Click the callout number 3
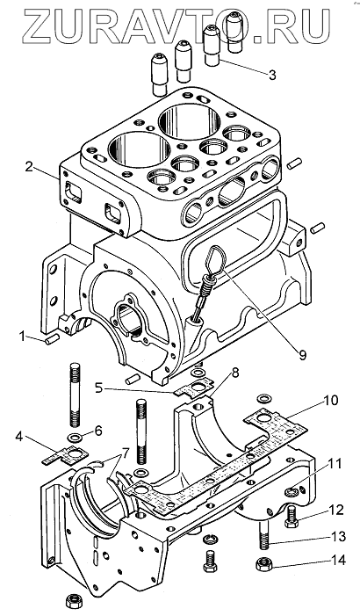[271, 75]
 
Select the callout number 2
[29, 166]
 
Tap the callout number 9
[301, 355]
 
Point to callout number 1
[22, 337]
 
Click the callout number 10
[330, 402]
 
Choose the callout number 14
[338, 561]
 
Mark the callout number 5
[100, 389]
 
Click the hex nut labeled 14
[263, 565]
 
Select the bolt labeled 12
[292, 518]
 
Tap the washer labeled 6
[73, 437]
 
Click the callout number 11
[334, 464]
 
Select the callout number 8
[234, 373]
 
